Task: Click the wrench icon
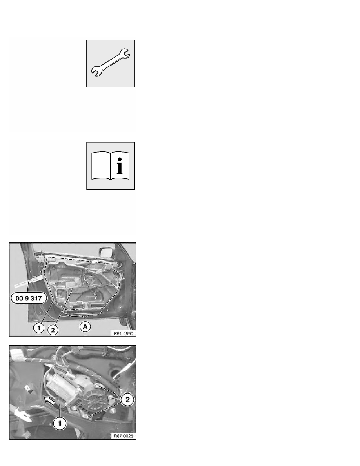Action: coord(110,63)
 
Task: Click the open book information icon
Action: coord(110,166)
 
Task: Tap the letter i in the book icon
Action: coord(120,166)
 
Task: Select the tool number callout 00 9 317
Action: coord(32,299)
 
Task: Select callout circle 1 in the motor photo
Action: coord(59,422)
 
